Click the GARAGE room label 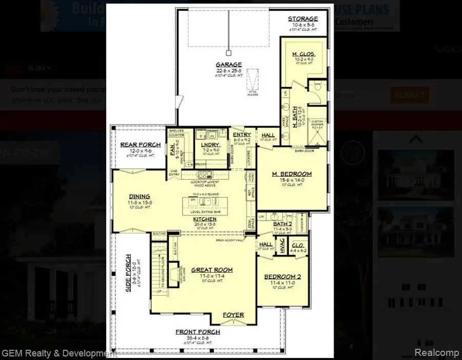point(228,65)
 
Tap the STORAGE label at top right point(302,19)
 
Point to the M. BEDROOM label point(292,174)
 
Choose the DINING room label point(140,196)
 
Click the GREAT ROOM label point(212,270)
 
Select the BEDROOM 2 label point(282,277)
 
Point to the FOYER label point(233,315)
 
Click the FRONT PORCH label point(198,332)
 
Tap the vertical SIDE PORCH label point(129,274)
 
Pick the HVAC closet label point(282,245)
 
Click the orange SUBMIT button point(410,95)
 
